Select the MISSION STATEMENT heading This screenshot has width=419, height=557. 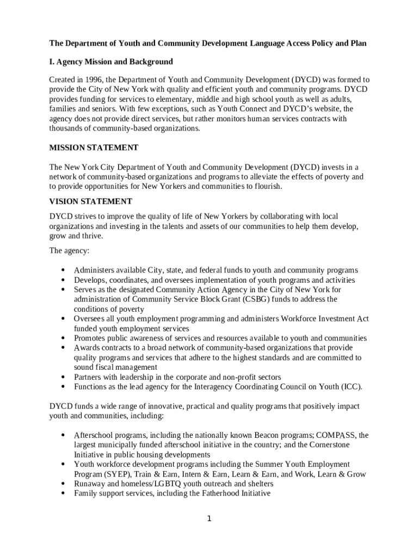(94, 148)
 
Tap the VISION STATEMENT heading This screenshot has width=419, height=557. (90, 201)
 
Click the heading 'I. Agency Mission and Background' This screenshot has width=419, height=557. (111, 61)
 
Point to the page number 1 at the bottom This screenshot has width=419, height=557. (208, 518)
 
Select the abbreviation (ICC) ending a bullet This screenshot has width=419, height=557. (352, 387)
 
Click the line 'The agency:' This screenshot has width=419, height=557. (69, 251)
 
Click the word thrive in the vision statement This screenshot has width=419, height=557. (90, 236)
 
